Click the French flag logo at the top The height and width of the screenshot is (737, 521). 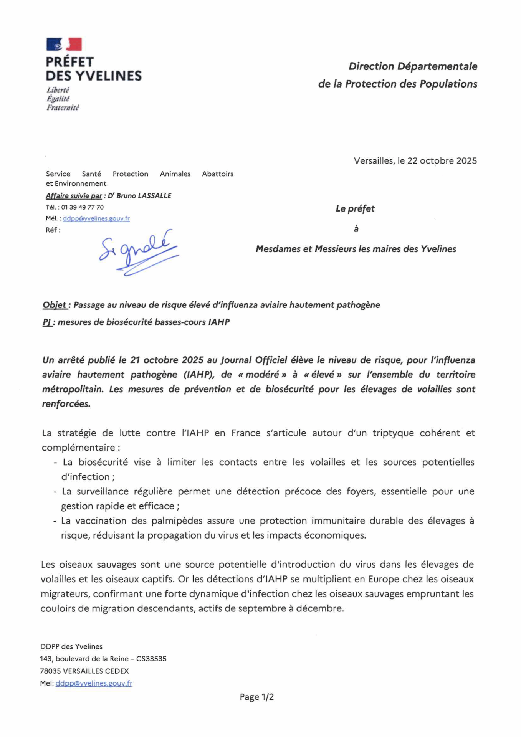pyautogui.click(x=64, y=44)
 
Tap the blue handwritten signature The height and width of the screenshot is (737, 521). pyautogui.click(x=138, y=251)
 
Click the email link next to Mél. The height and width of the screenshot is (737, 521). pyautogui.click(x=96, y=218)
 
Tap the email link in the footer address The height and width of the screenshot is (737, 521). pyautogui.click(x=94, y=683)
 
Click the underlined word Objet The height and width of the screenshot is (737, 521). pyautogui.click(x=55, y=305)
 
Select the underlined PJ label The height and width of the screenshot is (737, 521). pyautogui.click(x=47, y=322)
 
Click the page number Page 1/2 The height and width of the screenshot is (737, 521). pyautogui.click(x=256, y=697)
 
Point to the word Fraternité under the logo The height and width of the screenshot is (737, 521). pyautogui.click(x=63, y=108)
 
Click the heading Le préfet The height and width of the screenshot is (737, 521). pyautogui.click(x=355, y=208)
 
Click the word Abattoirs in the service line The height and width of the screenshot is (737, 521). pyautogui.click(x=217, y=174)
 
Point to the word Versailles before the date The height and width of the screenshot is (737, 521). pyautogui.click(x=374, y=160)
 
